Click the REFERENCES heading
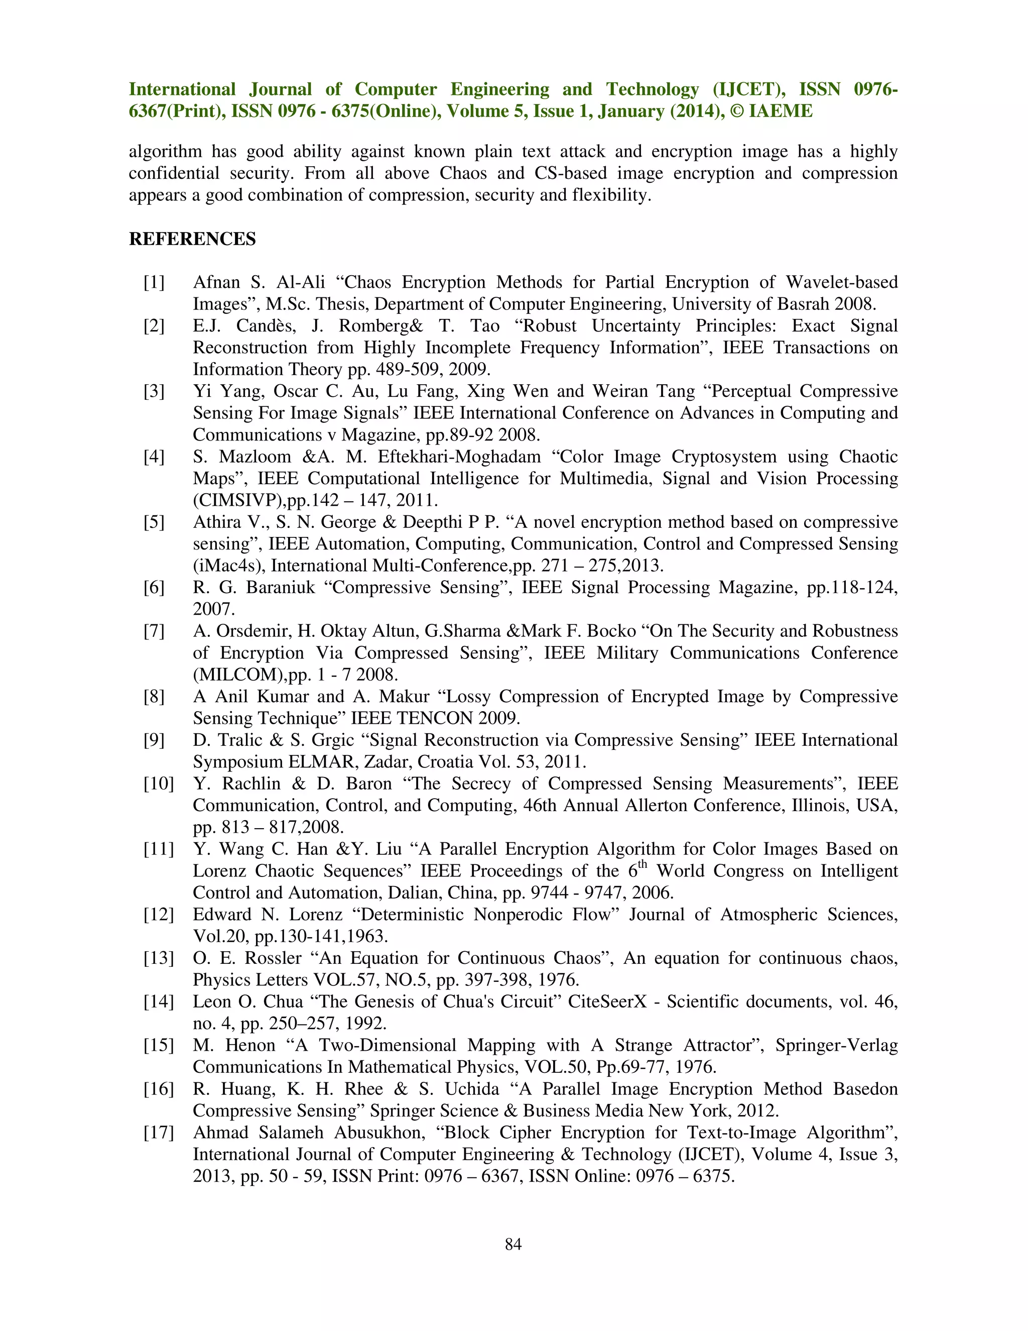tap(192, 239)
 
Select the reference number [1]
tap(154, 282)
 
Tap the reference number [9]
tap(154, 740)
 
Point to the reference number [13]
tap(158, 958)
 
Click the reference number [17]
tap(158, 1132)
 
